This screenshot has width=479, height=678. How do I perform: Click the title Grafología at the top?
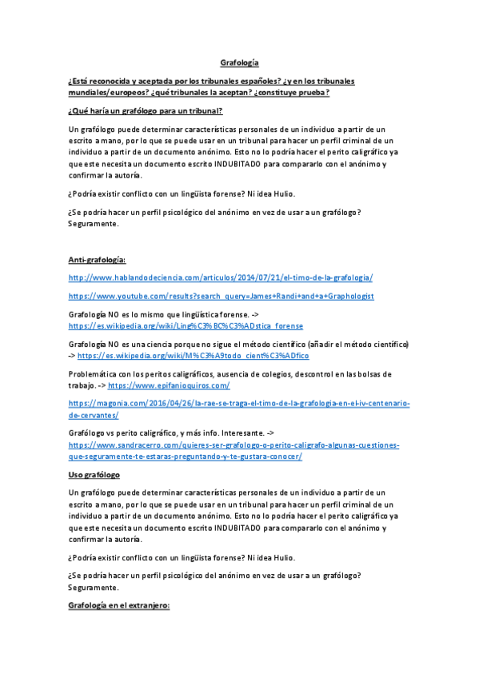coord(239,62)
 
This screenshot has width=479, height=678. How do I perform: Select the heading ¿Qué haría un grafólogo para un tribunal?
coord(146,110)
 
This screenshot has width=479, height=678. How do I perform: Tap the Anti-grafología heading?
coord(92,260)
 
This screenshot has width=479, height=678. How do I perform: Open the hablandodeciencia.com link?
coord(221,277)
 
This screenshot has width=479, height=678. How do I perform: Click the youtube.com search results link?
coord(222,296)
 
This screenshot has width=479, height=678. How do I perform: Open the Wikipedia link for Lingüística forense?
coord(186,326)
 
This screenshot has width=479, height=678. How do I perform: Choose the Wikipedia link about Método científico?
coord(198,355)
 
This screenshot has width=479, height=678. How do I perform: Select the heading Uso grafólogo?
coord(94,475)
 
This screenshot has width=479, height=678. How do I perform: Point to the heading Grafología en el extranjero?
coord(119,607)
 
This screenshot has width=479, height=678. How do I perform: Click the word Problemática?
coord(93,373)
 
